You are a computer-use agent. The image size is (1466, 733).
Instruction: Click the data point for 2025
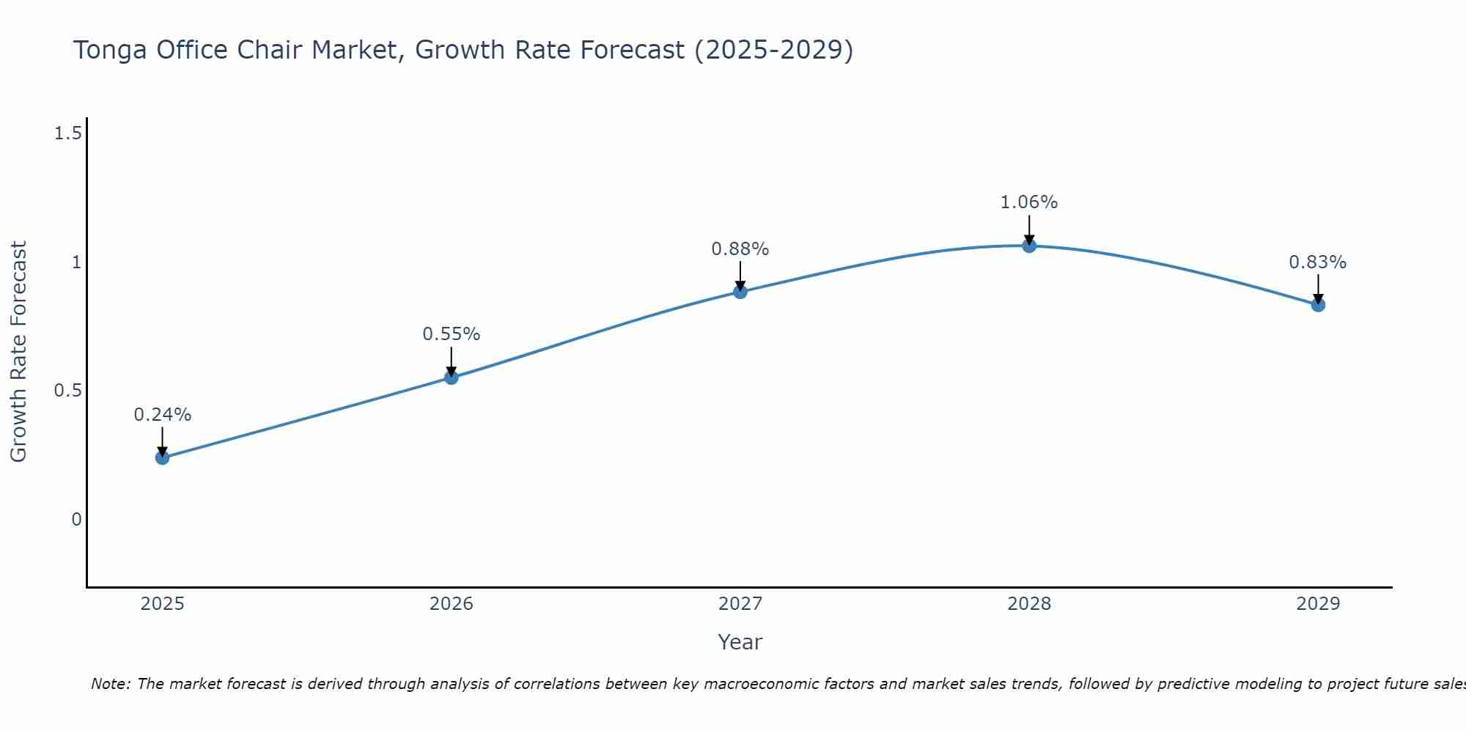coord(162,457)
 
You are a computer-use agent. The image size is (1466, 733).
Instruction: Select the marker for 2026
coord(452,377)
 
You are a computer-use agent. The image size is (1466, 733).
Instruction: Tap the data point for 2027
coord(740,292)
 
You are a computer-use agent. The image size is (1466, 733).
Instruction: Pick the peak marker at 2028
coord(1029,246)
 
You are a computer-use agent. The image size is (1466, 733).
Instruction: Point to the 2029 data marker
coord(1318,305)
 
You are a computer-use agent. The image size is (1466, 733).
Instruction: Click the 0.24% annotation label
coord(162,415)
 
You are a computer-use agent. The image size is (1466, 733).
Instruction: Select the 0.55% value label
coord(452,334)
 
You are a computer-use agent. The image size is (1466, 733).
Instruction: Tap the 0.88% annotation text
coord(740,249)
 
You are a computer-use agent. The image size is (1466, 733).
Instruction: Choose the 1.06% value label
coord(1029,202)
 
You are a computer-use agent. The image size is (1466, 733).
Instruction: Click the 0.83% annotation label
coord(1318,262)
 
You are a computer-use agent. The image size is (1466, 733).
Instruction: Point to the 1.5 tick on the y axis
coord(67,133)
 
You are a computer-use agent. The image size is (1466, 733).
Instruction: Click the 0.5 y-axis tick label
coord(67,391)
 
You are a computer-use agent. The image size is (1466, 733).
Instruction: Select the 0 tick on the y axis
coord(76,520)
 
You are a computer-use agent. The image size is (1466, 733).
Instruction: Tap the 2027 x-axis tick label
coord(740,604)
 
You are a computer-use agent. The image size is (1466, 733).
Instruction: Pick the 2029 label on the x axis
coord(1318,604)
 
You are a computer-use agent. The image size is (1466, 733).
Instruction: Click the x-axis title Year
coord(740,642)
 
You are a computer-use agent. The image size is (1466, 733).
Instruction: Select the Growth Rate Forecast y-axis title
coord(18,352)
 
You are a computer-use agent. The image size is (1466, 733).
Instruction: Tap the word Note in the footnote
coord(110,684)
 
